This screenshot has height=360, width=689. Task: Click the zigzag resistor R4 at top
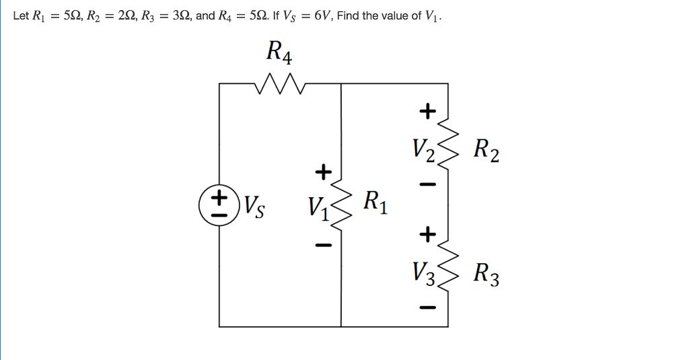tap(281, 84)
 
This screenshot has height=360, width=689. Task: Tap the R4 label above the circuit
tap(279, 51)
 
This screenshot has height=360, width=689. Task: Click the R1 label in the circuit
tap(374, 201)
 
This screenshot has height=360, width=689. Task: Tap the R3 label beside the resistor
tap(486, 274)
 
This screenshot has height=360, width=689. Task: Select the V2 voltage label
tap(425, 149)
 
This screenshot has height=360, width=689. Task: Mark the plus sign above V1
tap(323, 172)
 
